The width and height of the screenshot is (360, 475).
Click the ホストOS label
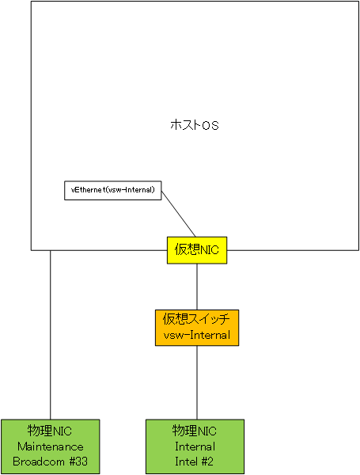(x=195, y=125)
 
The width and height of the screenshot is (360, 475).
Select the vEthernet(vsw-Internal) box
(x=113, y=191)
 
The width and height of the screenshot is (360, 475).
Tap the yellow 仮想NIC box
(x=197, y=250)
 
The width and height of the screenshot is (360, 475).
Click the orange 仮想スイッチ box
(x=197, y=328)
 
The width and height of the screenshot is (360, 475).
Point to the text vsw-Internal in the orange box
(x=197, y=336)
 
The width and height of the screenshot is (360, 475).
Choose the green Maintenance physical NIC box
(x=51, y=446)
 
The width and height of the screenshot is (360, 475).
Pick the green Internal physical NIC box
(x=195, y=446)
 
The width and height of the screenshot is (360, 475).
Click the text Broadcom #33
(x=51, y=462)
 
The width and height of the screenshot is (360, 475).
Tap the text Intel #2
(x=194, y=462)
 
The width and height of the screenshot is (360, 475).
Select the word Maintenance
(x=51, y=446)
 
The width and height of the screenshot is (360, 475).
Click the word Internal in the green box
(x=195, y=446)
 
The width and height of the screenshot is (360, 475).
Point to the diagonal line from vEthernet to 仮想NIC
(x=179, y=214)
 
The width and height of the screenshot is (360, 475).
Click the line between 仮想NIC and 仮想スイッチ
(x=197, y=287)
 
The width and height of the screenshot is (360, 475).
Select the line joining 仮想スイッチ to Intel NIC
(x=197, y=382)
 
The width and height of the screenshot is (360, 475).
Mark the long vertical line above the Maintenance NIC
(x=51, y=335)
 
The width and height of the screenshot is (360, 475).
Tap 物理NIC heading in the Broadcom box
(x=50, y=431)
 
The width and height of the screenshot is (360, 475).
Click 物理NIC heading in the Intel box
(x=195, y=431)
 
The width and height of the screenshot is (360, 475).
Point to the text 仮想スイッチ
(x=196, y=319)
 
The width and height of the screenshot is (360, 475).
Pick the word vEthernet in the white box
(x=88, y=190)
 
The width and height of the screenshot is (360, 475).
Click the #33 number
(x=78, y=462)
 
